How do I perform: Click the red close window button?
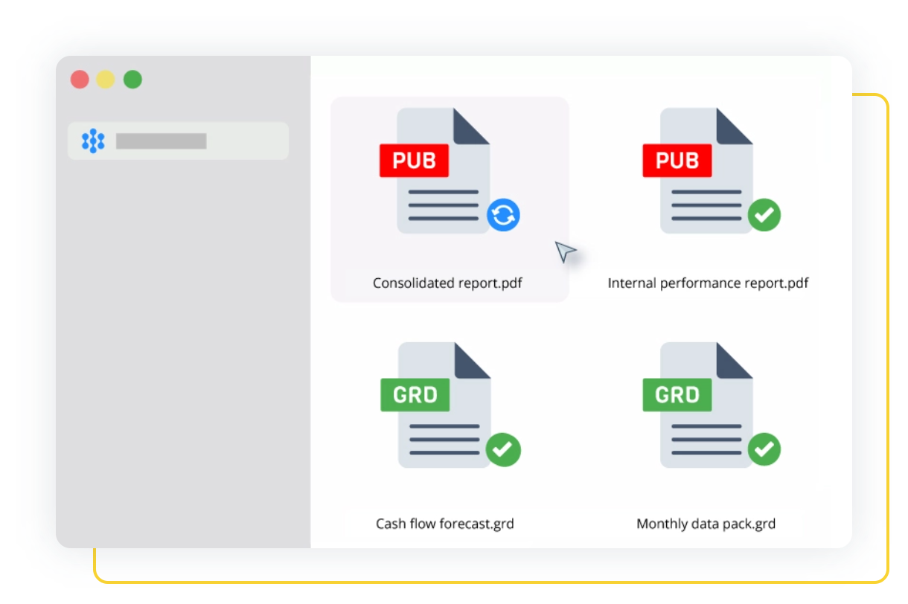pyautogui.click(x=80, y=80)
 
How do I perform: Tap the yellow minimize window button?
pyautogui.click(x=106, y=80)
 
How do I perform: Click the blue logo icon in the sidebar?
pyautogui.click(x=93, y=141)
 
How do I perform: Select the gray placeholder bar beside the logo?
pyautogui.click(x=161, y=141)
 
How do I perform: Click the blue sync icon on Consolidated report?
pyautogui.click(x=503, y=216)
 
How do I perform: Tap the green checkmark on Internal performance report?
pyautogui.click(x=764, y=216)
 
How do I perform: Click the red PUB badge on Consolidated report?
pyautogui.click(x=414, y=161)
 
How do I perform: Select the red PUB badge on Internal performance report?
pyautogui.click(x=677, y=161)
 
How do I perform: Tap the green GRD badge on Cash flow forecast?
pyautogui.click(x=415, y=394)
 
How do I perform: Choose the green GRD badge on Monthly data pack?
pyautogui.click(x=677, y=394)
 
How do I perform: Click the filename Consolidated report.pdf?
pyautogui.click(x=448, y=283)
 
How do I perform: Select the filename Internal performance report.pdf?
pyautogui.click(x=708, y=283)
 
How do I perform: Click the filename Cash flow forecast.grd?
pyautogui.click(x=445, y=524)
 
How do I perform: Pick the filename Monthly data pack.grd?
pyautogui.click(x=706, y=524)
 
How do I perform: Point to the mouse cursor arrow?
pyautogui.click(x=565, y=251)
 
